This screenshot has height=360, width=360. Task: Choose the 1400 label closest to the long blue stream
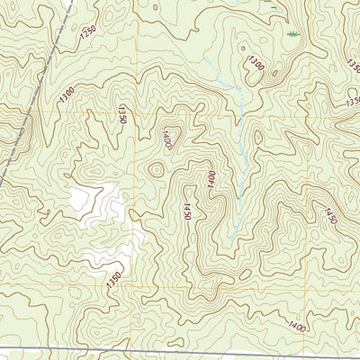[x=211, y=178]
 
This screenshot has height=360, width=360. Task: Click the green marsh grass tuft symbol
[x=292, y=32]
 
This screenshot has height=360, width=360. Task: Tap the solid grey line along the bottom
[x=180, y=348]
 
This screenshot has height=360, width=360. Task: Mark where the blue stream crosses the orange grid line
[x=240, y=116]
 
